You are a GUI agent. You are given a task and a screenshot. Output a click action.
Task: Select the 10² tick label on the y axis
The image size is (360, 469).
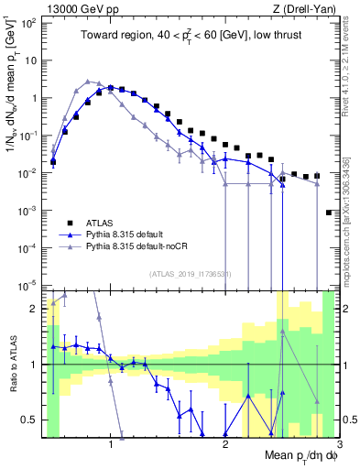[28, 22]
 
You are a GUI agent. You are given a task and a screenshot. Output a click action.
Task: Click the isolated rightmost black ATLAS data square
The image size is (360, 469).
[329, 213]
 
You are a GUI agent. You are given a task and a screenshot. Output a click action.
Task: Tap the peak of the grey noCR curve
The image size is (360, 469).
[88, 81]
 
